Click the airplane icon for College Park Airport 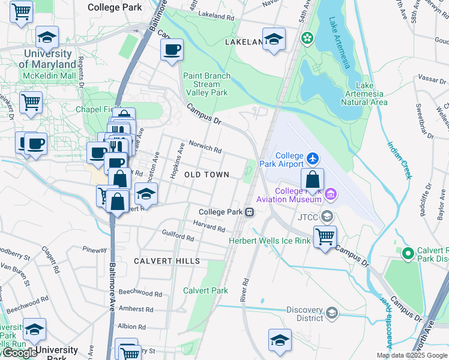[312, 158]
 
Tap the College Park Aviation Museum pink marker [330, 194]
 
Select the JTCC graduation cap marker [327, 216]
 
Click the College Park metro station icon [249, 212]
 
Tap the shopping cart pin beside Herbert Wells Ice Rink [325, 236]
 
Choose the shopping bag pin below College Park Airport [312, 179]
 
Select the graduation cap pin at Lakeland [274, 40]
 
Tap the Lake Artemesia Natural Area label [364, 94]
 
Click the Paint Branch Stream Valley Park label [206, 85]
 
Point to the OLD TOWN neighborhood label [206, 175]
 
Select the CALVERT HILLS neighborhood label [167, 261]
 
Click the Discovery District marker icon [331, 313]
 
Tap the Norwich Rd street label [205, 147]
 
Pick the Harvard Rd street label [209, 226]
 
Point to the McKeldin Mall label [49, 76]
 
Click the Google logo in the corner [20, 353]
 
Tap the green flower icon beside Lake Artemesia [307, 38]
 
